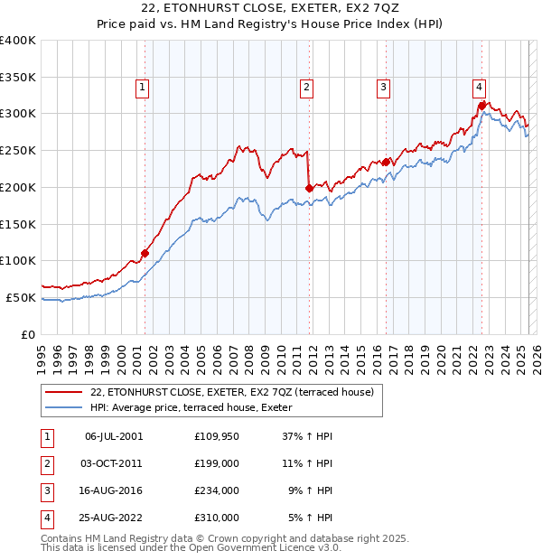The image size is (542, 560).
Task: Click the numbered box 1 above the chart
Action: pos(144,88)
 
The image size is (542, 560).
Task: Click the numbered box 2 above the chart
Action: pos(307,88)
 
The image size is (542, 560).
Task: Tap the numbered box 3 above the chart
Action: pos(384,88)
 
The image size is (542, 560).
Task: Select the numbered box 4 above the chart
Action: pos(479,88)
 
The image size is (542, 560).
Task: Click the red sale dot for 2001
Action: pos(145,253)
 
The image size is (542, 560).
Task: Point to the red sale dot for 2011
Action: pos(309,188)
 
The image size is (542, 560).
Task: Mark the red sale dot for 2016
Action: pos(387,162)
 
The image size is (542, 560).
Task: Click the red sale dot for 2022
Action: pos(482,106)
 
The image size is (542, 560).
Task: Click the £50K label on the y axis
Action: pos(21,297)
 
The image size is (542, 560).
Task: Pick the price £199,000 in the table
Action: pos(217,463)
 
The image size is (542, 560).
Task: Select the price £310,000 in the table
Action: pos(217,518)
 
